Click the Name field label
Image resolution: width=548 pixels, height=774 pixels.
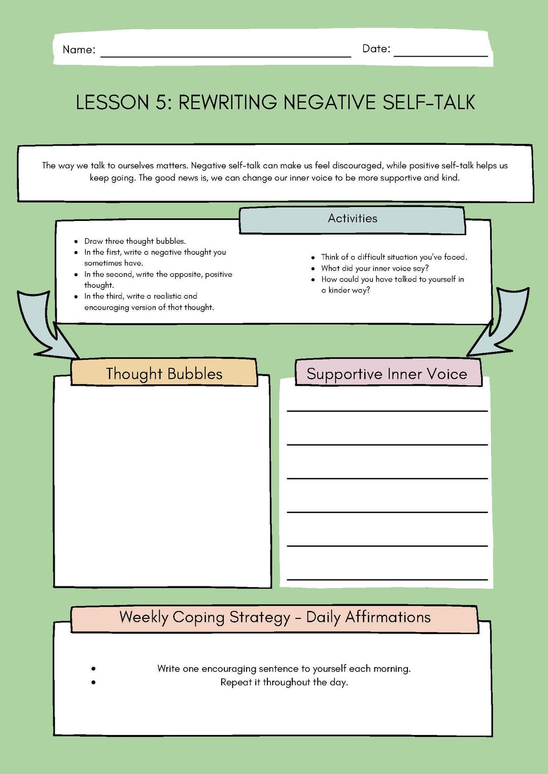click(79, 50)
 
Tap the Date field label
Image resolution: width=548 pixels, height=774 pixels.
click(376, 49)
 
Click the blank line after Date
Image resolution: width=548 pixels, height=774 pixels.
click(440, 55)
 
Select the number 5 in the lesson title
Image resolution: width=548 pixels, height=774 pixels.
click(161, 102)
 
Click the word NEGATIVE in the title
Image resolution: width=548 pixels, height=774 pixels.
click(330, 102)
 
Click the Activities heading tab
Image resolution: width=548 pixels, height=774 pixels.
click(352, 219)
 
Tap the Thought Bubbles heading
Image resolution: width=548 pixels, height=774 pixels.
click(164, 374)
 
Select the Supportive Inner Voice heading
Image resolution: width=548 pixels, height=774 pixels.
click(387, 374)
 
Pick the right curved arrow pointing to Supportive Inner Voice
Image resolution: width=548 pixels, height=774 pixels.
click(502, 324)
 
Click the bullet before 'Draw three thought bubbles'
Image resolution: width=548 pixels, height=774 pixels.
click(76, 242)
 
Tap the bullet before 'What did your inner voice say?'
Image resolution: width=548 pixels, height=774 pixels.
click(313, 269)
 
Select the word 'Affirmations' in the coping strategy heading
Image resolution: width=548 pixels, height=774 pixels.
click(388, 617)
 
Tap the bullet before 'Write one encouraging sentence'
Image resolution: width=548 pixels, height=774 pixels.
click(93, 669)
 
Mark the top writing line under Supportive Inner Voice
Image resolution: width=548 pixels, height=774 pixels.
click(387, 411)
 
